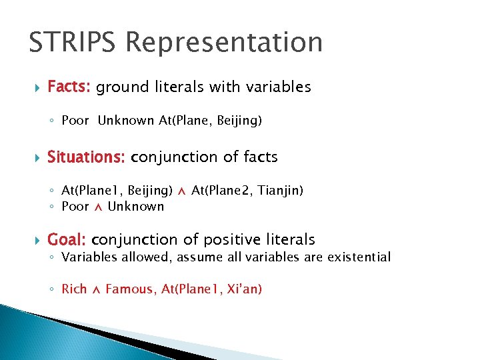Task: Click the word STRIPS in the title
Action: point(72,43)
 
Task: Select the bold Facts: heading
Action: point(70,87)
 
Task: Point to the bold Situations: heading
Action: point(86,157)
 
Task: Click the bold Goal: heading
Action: point(67,239)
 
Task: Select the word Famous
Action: point(130,289)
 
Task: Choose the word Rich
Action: point(74,289)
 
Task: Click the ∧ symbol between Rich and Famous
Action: point(96,289)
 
